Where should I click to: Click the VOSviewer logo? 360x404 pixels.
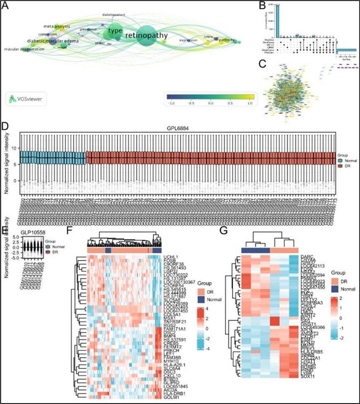point(27,99)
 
